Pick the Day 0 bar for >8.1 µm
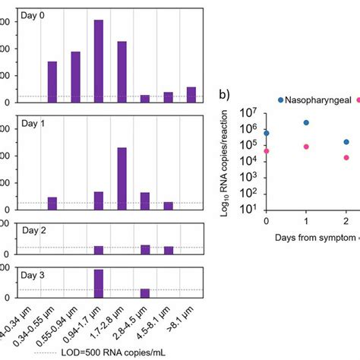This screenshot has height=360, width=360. click(191, 94)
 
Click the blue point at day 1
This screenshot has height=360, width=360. click(305, 122)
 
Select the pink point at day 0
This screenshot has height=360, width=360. click(266, 151)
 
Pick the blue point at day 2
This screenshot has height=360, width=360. click(346, 141)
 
